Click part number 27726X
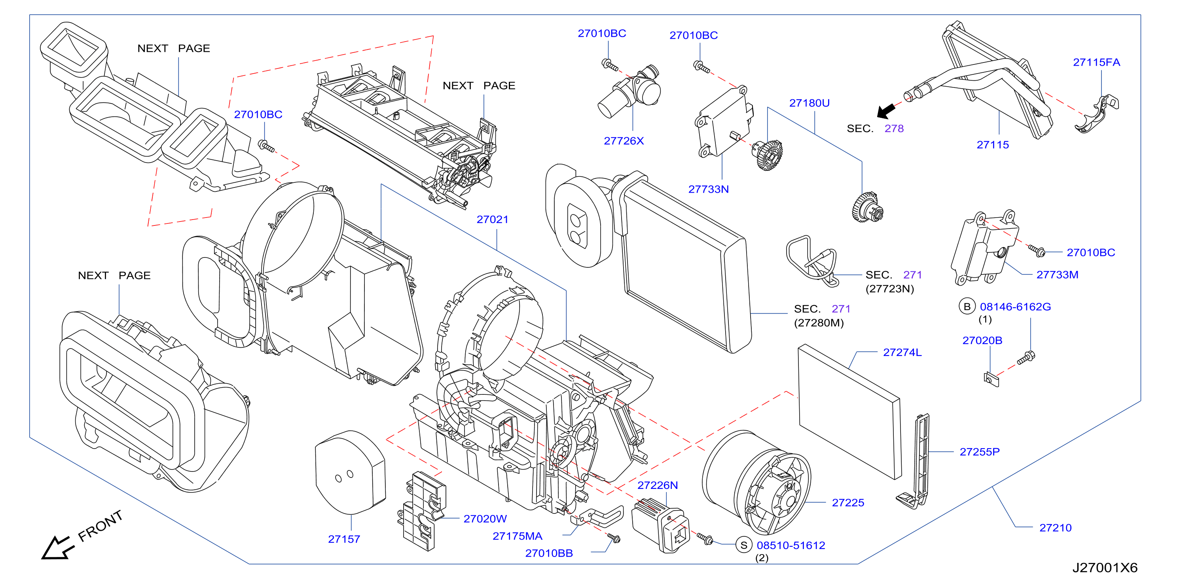coord(624,141)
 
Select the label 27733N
coord(708,189)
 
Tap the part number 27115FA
coord(1096,62)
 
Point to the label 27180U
coord(809,103)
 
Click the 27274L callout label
coord(902,352)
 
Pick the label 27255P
coord(980,452)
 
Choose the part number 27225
coord(848,503)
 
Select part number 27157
coord(344,539)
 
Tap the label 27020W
coord(485,519)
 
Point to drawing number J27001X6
coord(1105,568)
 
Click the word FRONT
coord(100,526)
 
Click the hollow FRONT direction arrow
coord(57,547)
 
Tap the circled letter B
coord(967,307)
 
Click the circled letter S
coord(743,545)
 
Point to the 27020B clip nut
coord(991,379)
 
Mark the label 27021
coord(492,220)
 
